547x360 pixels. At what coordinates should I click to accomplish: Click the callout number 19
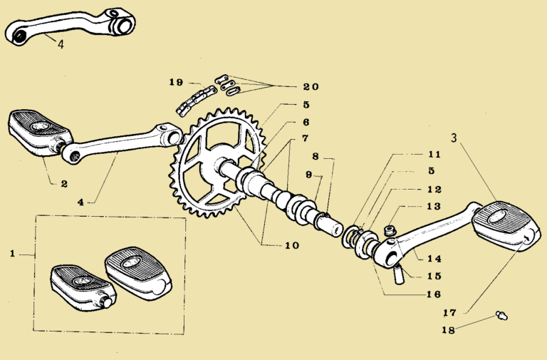(x=177, y=82)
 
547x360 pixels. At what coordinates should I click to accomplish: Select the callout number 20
(x=310, y=87)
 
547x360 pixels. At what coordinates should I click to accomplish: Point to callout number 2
(x=63, y=183)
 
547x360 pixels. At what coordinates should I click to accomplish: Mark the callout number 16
(x=434, y=294)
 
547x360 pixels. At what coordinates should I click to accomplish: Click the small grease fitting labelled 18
(x=501, y=315)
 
